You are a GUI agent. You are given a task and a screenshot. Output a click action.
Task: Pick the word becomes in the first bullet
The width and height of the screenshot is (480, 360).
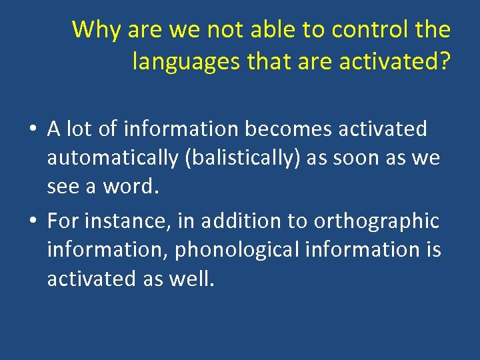291,129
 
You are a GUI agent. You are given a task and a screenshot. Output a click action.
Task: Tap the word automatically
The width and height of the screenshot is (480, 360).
110,159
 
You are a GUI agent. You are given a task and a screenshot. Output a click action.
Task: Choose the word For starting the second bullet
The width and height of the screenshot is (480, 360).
63,221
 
